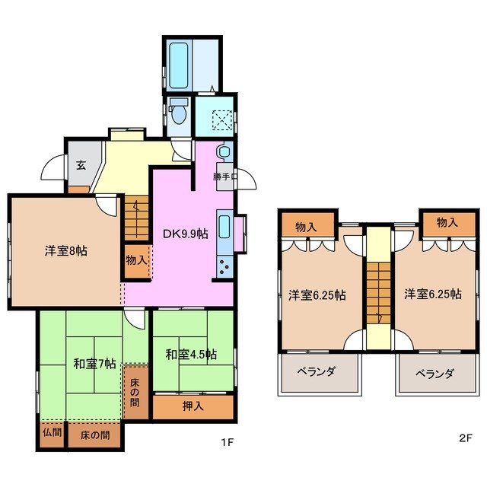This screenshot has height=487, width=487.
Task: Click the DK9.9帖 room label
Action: (186, 234)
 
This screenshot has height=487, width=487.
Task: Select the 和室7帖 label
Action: (94, 363)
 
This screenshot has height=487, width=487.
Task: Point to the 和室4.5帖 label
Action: (191, 355)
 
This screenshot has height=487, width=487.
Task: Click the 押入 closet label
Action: (193, 406)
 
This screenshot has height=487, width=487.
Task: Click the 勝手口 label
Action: (225, 177)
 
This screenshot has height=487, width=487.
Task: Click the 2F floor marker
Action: (466, 439)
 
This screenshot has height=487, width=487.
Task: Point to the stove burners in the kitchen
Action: (224, 266)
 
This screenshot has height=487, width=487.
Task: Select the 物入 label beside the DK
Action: (137, 260)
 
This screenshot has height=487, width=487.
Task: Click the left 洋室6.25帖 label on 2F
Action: (317, 295)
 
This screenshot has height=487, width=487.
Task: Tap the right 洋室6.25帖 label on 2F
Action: (433, 295)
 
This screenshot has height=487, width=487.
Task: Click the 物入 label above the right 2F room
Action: (447, 222)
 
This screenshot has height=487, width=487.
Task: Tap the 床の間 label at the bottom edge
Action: (94, 436)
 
